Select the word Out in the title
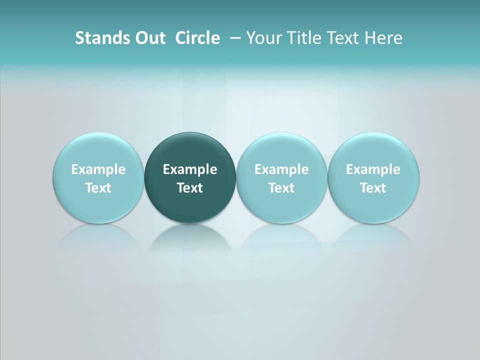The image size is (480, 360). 149,38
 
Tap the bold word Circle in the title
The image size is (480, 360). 197,38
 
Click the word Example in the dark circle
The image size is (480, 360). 190,169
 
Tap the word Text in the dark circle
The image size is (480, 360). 190,188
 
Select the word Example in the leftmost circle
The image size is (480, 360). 98,169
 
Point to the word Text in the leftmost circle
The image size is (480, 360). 98,188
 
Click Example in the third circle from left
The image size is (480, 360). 281,169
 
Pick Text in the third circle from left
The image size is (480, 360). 281,188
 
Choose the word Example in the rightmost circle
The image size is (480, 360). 373,169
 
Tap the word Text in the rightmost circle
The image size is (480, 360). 373,188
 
